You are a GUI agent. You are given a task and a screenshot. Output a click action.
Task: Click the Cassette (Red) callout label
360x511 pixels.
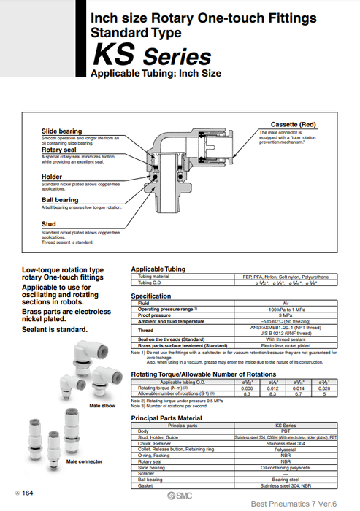coord(292,125)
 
